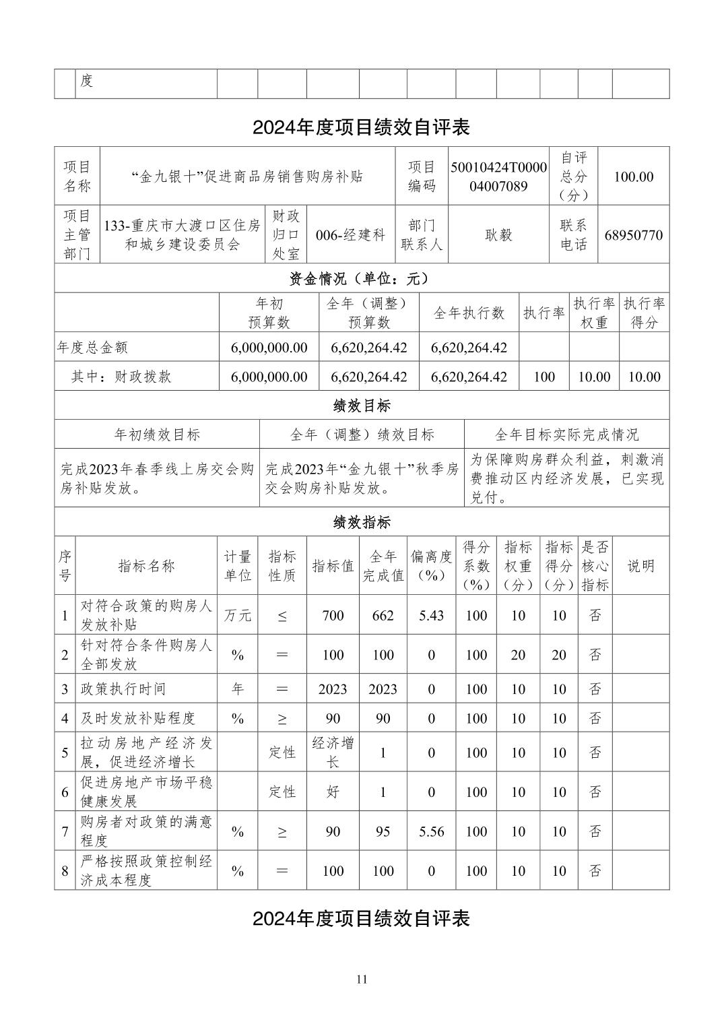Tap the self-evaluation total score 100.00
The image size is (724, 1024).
pos(633,177)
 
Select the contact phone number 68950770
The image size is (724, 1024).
pos(633,235)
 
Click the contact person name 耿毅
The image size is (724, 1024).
pos(498,235)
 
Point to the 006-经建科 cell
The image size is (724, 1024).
pos(350,235)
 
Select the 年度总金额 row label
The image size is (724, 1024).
pos(92,348)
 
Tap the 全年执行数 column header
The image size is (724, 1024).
pos(469,313)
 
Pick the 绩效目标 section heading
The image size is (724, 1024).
pos(362,406)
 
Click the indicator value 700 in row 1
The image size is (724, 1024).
pos(333,616)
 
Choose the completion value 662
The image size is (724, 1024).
pos(383,616)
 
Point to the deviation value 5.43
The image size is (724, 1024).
pos(431,616)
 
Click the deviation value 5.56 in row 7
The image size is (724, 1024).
pos(431,832)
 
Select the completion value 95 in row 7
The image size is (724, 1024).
pos(383,832)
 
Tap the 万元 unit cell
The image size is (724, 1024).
pos(237,616)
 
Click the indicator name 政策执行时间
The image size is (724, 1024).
pos(123,689)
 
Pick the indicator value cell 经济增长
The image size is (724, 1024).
pos(333,752)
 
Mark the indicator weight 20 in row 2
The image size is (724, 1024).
pos(518,655)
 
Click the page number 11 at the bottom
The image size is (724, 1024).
pos(362,980)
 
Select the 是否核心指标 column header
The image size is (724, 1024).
pos(595,566)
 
